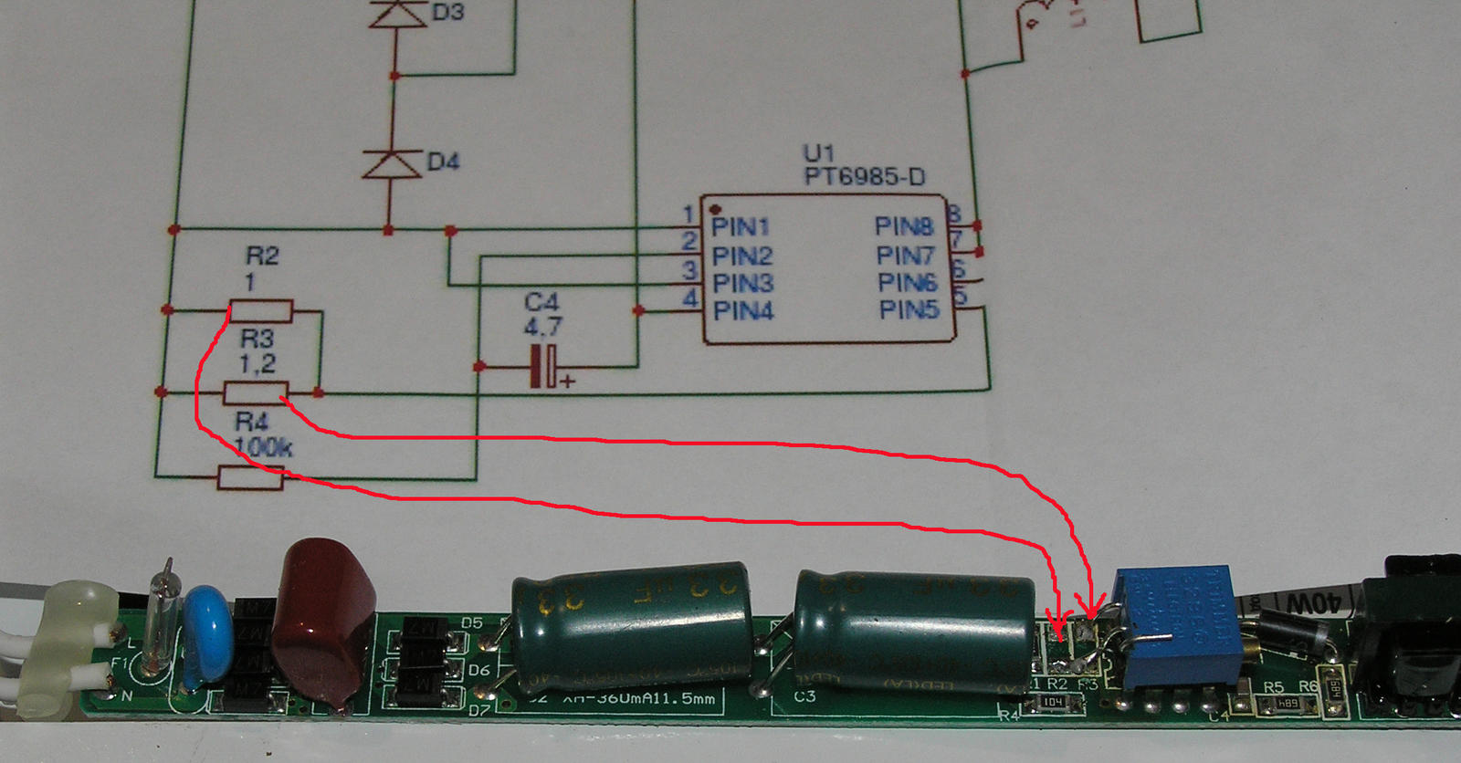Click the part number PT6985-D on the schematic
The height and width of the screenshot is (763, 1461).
tap(864, 176)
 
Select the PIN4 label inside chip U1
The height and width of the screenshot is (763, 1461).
tap(743, 311)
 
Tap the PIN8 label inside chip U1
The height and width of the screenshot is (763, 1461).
tap(904, 225)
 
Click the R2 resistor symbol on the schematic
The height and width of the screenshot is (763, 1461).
tap(260, 311)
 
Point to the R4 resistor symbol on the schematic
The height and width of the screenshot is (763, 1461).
tap(250, 476)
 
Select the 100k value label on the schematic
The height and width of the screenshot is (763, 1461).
tap(263, 447)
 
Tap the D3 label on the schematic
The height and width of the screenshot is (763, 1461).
tap(447, 13)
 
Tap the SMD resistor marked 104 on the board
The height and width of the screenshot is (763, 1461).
tap(1054, 702)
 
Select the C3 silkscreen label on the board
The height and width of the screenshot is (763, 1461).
tap(804, 696)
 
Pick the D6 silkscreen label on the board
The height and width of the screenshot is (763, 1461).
tap(478, 671)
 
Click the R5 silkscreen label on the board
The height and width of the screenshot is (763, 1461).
tap(1273, 686)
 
